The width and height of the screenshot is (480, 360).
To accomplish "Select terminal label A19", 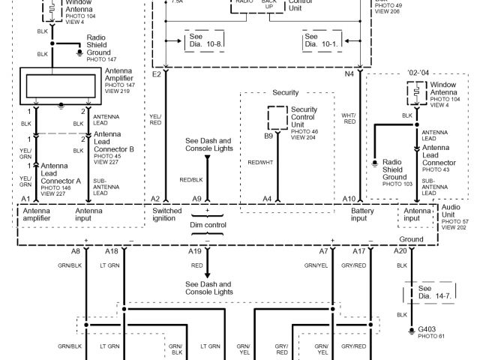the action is click(195, 251).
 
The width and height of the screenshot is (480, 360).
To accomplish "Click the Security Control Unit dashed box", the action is click(277, 118).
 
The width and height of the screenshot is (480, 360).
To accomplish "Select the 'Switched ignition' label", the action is click(167, 215).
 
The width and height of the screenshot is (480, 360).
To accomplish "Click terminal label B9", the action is click(268, 136).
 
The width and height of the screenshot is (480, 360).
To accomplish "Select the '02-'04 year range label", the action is click(418, 73).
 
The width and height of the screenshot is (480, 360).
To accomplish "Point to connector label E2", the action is click(157, 75).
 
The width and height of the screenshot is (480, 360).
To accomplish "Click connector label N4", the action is click(349, 75).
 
